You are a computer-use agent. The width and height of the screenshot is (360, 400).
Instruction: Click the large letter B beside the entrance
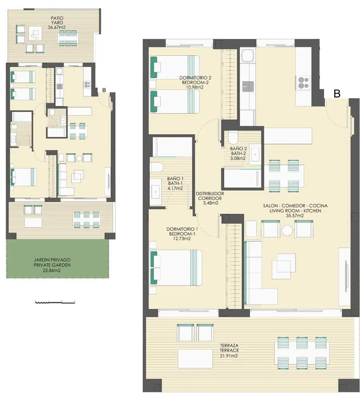(337, 94)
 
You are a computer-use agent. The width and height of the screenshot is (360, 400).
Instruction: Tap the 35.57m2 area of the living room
(295, 216)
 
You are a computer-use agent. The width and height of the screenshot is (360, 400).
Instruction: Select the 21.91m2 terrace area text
(229, 356)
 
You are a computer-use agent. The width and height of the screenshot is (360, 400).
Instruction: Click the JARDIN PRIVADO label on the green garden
(52, 260)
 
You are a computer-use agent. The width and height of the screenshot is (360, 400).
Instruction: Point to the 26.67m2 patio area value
(57, 27)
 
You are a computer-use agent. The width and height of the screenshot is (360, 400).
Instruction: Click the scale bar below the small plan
(55, 302)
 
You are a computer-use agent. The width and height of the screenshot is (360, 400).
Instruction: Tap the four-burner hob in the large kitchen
(303, 83)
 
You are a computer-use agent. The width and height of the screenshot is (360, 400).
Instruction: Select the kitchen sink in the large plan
(248, 86)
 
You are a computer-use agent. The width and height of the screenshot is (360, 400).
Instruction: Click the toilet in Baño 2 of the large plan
(233, 137)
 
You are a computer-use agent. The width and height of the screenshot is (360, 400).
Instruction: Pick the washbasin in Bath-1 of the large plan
(155, 191)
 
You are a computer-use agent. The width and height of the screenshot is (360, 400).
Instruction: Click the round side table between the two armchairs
(287, 230)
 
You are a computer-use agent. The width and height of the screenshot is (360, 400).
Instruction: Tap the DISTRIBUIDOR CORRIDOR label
(210, 196)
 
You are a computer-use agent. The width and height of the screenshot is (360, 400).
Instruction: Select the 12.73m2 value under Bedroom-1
(182, 239)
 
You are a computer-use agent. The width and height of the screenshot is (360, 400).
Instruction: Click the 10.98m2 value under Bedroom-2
(195, 87)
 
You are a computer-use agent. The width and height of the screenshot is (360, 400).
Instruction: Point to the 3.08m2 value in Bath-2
(238, 158)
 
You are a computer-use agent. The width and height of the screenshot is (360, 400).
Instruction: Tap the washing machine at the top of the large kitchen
(248, 56)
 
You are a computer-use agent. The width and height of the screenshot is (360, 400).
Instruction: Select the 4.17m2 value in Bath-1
(175, 189)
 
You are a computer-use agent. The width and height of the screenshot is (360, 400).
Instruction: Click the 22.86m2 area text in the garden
(52, 270)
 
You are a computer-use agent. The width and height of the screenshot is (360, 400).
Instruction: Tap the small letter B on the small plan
(104, 90)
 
